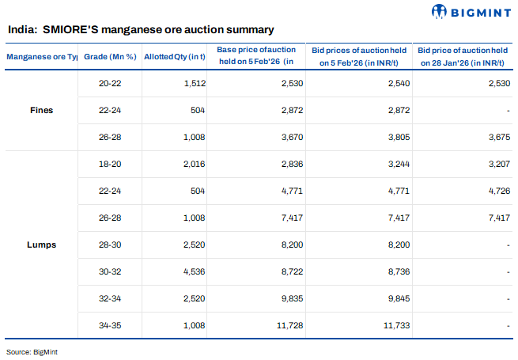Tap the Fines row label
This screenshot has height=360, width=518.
tap(40, 110)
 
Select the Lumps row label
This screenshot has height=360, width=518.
tap(40, 244)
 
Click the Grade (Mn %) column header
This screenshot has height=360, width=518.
tap(110, 57)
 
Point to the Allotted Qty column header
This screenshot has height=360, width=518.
tap(175, 57)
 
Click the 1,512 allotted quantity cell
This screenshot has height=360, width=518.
tap(193, 83)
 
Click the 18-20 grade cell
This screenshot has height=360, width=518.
tap(110, 164)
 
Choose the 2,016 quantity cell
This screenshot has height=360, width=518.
tap(193, 164)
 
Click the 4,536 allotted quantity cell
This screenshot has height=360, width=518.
tap(193, 271)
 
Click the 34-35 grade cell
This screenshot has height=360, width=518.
tap(110, 325)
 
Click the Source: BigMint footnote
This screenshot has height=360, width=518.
tap(29, 351)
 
